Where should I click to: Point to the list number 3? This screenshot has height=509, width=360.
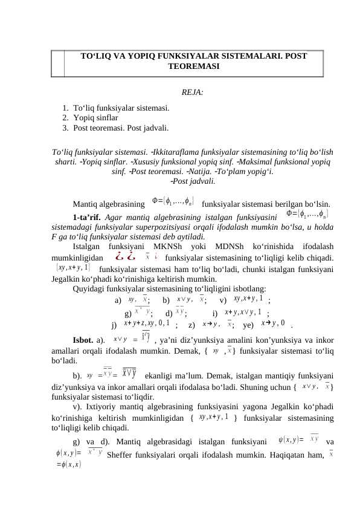tap(65, 128)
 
